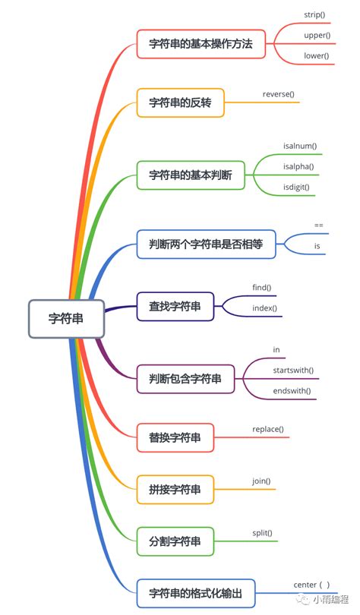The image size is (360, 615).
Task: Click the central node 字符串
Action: pyautogui.click(x=66, y=319)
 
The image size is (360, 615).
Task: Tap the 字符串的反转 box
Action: pyautogui.click(x=180, y=102)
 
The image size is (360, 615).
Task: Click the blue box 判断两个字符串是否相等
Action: pyautogui.click(x=207, y=244)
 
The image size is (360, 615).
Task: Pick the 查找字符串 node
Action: pyautogui.click(x=175, y=307)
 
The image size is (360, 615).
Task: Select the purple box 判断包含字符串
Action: pyautogui.click(x=185, y=378)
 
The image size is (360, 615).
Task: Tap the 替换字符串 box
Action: pyautogui.click(x=175, y=437)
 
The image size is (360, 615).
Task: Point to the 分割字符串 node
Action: pyautogui.click(x=175, y=541)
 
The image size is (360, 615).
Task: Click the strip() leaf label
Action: pyautogui.click(x=314, y=15)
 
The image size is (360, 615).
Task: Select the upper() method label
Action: pyautogui.click(x=316, y=36)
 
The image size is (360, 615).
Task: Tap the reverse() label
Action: pyautogui.click(x=278, y=94)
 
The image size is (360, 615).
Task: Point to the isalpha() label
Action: pyautogui.click(x=298, y=166)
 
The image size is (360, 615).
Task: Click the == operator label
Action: pyautogui.click(x=319, y=225)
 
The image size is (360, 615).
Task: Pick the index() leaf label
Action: pyautogui.click(x=264, y=308)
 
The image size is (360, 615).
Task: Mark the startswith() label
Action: pyautogui.click(x=293, y=370)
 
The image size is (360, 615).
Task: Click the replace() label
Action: pyautogui.click(x=268, y=429)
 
